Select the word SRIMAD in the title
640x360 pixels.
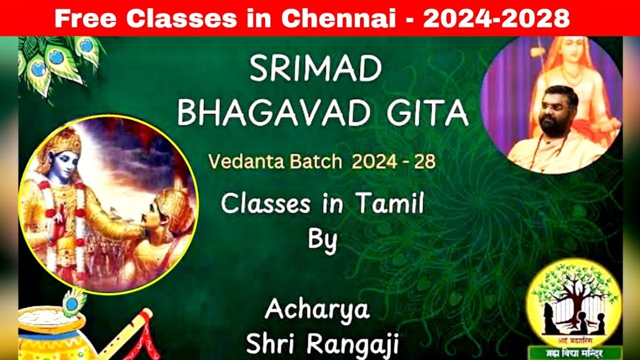(x=315, y=70)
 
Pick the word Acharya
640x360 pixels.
(x=317, y=309)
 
